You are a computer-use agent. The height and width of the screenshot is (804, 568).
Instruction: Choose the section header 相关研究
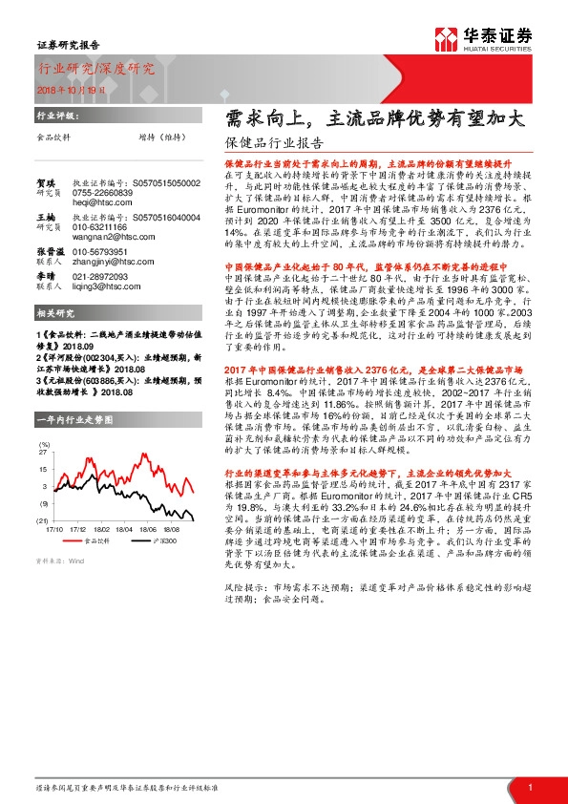pos(56,312)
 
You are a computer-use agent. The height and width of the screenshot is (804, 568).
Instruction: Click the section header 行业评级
pos(56,113)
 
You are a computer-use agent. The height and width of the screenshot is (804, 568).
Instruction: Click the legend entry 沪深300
pos(152,540)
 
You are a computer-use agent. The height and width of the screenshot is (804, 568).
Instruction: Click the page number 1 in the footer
pos(529,787)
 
